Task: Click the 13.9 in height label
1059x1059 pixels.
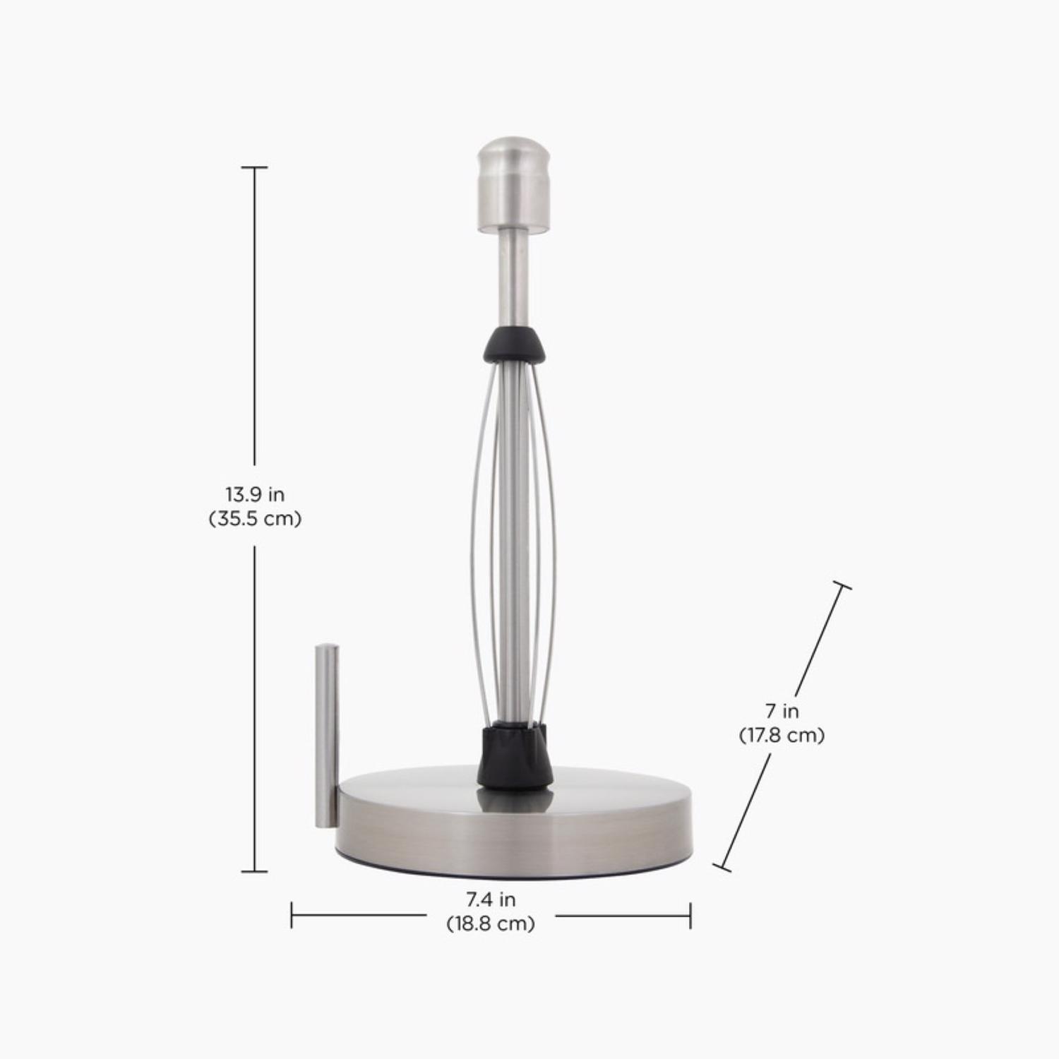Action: pos(255,493)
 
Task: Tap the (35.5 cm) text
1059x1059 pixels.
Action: pos(255,519)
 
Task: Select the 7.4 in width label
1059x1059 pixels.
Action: pos(491,899)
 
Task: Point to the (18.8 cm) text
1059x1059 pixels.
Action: pos(491,923)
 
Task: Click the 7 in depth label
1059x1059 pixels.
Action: pos(782,710)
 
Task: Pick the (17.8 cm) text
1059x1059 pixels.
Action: pos(782,735)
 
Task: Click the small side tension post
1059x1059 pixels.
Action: pos(326,734)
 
